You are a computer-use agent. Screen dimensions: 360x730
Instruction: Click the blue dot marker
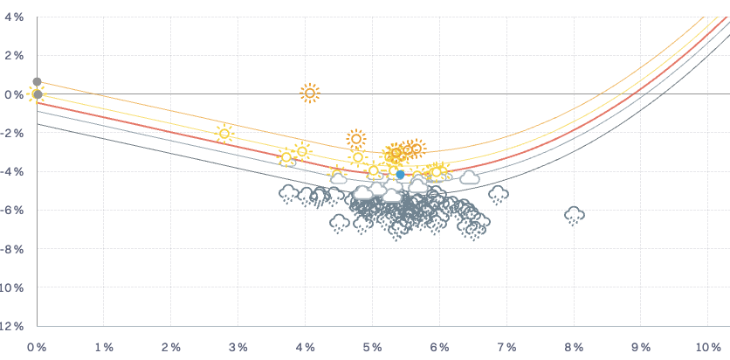click(400, 175)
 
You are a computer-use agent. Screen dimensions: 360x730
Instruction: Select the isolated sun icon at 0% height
click(309, 93)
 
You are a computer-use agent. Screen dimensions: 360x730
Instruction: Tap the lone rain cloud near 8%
click(574, 214)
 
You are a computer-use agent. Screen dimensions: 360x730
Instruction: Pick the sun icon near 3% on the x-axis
click(224, 134)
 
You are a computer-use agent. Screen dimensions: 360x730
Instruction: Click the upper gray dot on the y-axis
click(37, 82)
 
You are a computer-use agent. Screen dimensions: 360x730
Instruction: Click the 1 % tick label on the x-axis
click(104, 347)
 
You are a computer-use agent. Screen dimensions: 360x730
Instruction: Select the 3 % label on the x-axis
click(238, 347)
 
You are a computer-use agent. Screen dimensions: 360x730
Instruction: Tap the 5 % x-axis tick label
click(373, 347)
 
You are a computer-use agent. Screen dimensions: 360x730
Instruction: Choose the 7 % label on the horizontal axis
click(506, 347)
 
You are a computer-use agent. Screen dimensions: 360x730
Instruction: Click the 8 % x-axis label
click(574, 347)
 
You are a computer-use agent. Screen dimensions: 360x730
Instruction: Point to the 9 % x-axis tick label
click(641, 347)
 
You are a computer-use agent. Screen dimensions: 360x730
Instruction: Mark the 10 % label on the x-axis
click(707, 347)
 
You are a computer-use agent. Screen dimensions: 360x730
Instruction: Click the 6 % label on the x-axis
click(439, 347)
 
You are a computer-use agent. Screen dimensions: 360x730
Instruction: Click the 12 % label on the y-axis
click(12, 327)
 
